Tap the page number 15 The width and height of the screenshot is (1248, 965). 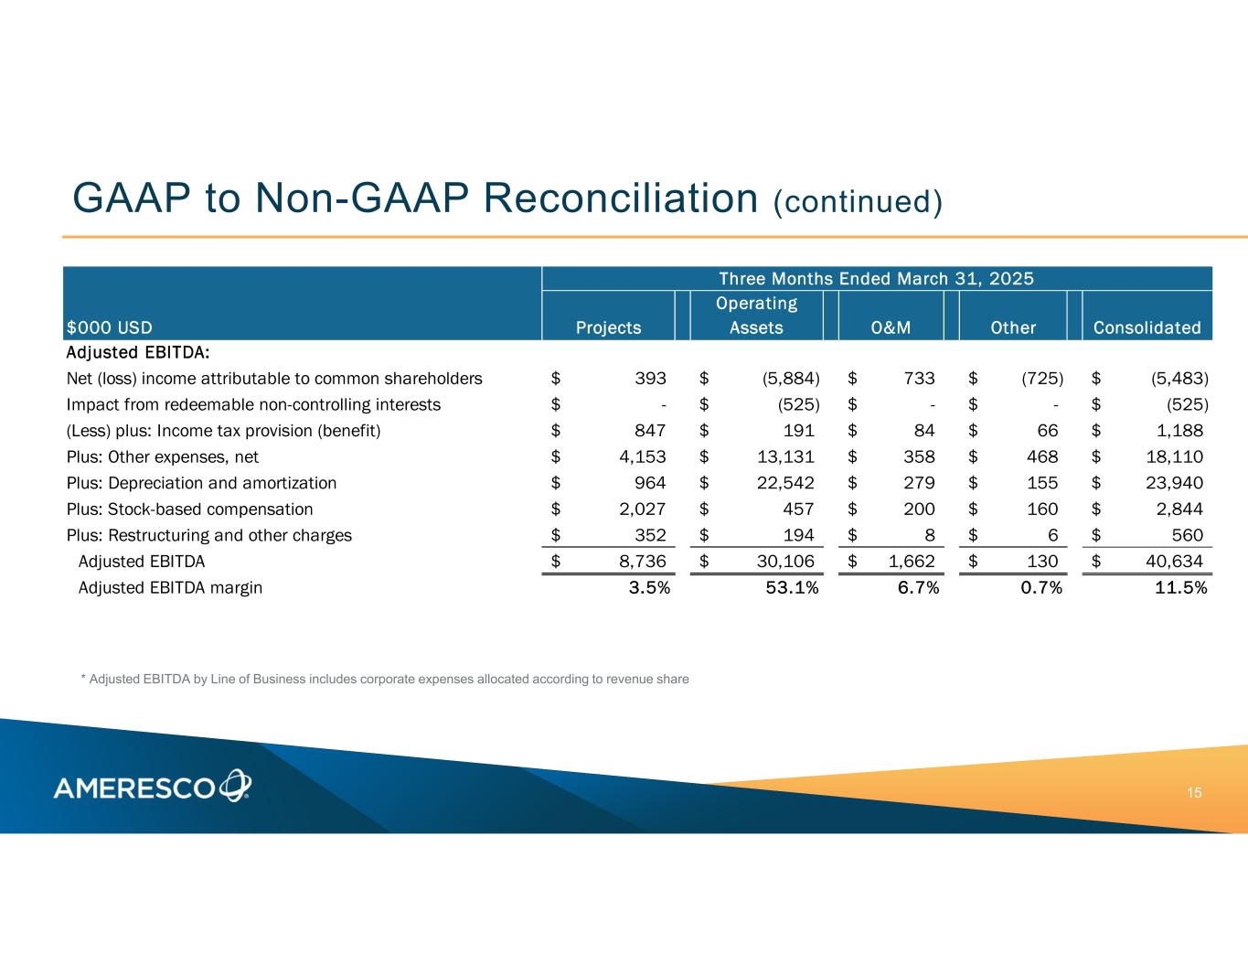[1194, 792]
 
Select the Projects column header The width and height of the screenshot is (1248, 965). [608, 327]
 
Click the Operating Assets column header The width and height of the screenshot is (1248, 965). [756, 316]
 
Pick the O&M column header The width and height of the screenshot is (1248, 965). [891, 327]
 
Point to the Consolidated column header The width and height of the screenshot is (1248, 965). [1147, 327]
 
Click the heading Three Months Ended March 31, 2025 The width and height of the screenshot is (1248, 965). [876, 278]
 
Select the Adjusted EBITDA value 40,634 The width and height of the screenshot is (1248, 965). [1174, 562]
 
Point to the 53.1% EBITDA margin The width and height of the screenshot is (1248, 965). [792, 588]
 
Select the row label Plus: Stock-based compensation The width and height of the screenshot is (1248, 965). [189, 509]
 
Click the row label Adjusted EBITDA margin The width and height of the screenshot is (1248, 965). [170, 588]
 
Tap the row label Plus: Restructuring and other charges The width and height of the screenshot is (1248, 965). [208, 535]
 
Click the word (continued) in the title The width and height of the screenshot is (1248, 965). [858, 202]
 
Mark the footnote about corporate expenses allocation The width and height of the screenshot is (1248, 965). [385, 679]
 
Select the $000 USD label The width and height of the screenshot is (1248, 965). [109, 327]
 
